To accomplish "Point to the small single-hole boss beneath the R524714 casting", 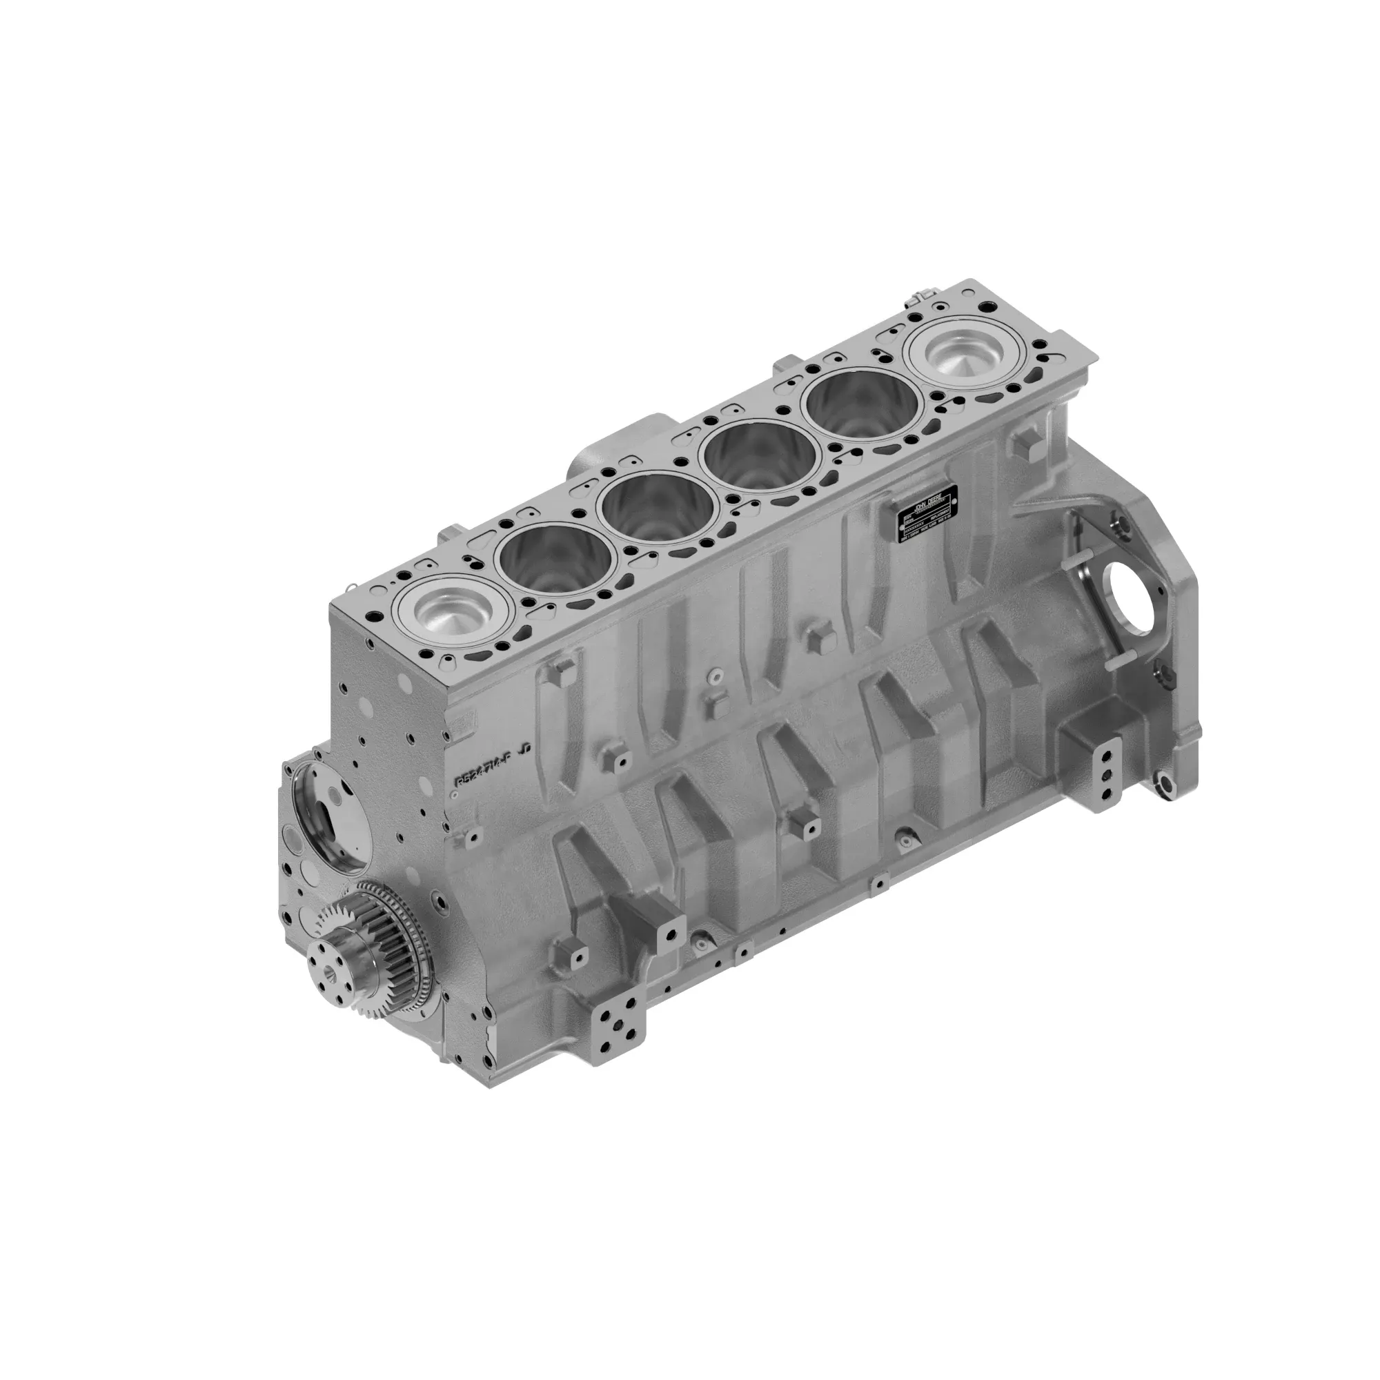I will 471,836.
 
